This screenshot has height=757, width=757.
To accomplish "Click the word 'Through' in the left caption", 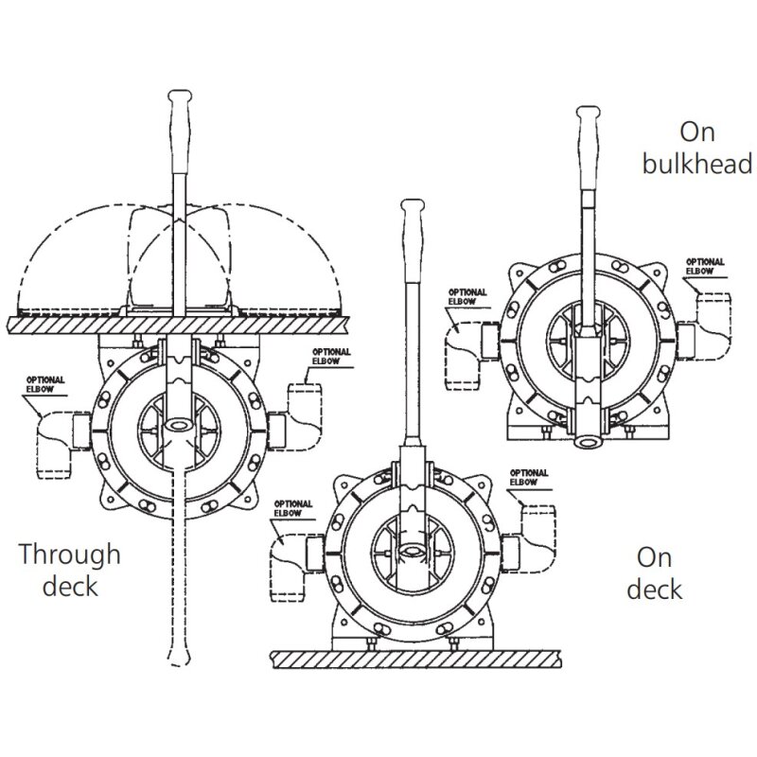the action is coord(69,555).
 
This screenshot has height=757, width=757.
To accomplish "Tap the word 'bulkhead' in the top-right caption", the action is coord(697,163).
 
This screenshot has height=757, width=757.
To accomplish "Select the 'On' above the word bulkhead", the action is coord(697,132).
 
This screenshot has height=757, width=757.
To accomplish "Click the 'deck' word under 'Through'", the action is coord(70,586).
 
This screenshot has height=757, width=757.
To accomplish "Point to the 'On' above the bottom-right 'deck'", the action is coord(654,557).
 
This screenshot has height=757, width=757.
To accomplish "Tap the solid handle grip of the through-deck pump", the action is coord(180,131).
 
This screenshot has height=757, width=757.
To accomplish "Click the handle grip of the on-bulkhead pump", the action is coord(589,148).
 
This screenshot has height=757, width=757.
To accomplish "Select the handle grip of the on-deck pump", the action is coord(414,239).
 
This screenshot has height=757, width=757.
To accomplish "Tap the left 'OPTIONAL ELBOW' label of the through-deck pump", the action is coord(45,385).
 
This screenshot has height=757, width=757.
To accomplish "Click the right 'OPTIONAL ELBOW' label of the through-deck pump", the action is coord(332,357).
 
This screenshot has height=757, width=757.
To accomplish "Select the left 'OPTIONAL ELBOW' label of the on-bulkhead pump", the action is coord(467,297).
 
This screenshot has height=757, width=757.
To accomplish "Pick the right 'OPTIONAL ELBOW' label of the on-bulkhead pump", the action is coord(705,267).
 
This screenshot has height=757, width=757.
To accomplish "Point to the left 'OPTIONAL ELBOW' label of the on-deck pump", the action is coord(293,509).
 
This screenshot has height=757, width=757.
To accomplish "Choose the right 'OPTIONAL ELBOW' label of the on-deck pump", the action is coord(529,478).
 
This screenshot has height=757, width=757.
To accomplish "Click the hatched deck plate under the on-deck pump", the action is coord(416,659).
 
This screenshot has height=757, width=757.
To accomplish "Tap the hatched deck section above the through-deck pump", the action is coord(178,325).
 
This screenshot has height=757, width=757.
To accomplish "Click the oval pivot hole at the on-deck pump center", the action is coord(413,551).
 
